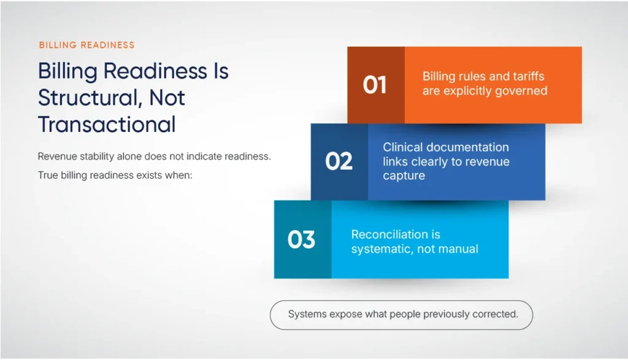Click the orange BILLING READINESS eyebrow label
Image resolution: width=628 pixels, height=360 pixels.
tap(86, 45)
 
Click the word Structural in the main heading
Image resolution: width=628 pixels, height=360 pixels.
tap(80, 98)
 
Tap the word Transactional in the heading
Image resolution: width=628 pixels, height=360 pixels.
tap(107, 124)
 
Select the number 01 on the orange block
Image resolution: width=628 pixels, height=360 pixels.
tap(375, 85)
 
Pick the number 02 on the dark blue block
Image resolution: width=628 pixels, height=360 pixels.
tap(339, 161)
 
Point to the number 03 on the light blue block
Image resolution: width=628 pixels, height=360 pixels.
tap(301, 239)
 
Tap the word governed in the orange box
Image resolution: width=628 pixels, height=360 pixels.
tap(523, 91)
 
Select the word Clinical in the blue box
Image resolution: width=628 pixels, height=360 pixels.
tap(402, 147)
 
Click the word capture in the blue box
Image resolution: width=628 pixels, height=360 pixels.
tap(404, 176)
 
